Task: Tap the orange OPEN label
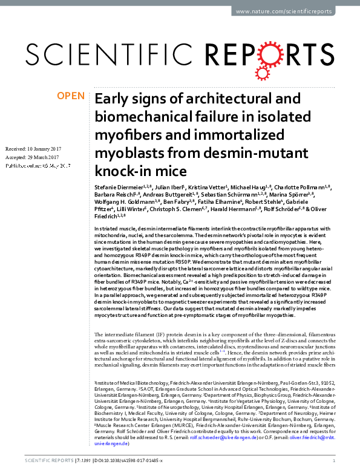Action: [70, 96]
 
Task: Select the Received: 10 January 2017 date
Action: [38, 148]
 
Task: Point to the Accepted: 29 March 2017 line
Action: [36, 157]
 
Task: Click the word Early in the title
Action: [111, 99]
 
